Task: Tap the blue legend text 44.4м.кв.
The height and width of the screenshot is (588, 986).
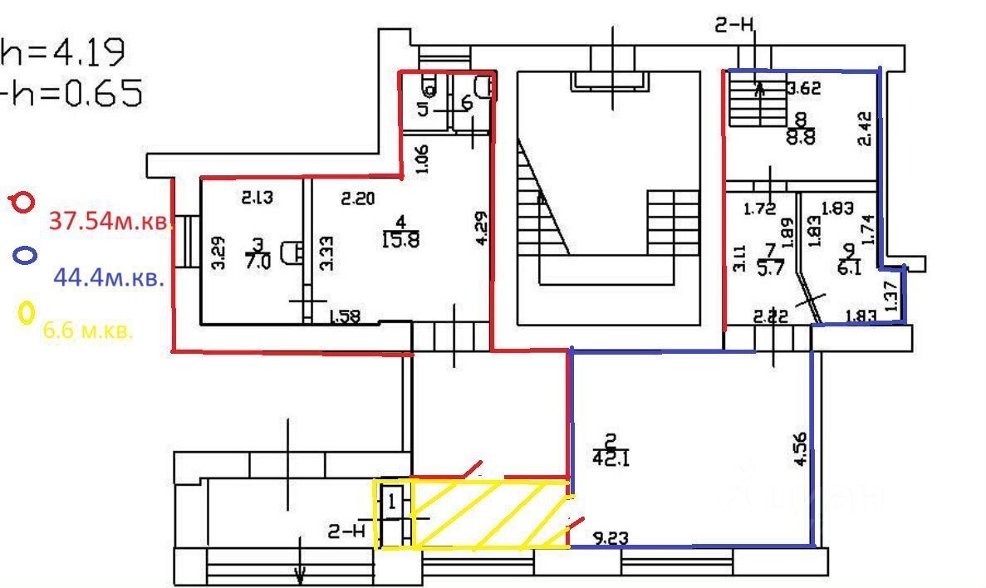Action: point(108,277)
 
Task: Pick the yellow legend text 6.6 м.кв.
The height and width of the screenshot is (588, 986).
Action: point(87,331)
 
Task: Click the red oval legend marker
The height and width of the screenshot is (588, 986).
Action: point(22,202)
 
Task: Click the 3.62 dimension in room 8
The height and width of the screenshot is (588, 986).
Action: point(803,86)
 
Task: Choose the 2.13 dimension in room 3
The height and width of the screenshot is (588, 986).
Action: point(258,198)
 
